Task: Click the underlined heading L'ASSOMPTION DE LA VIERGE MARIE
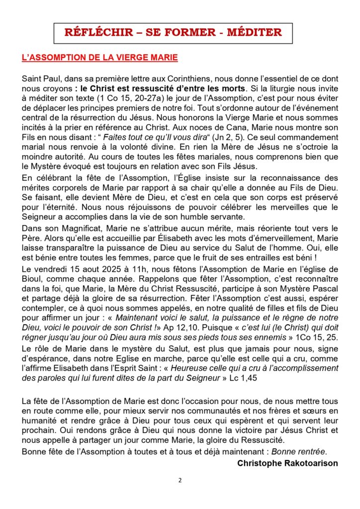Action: pyautogui.click(x=100, y=58)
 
